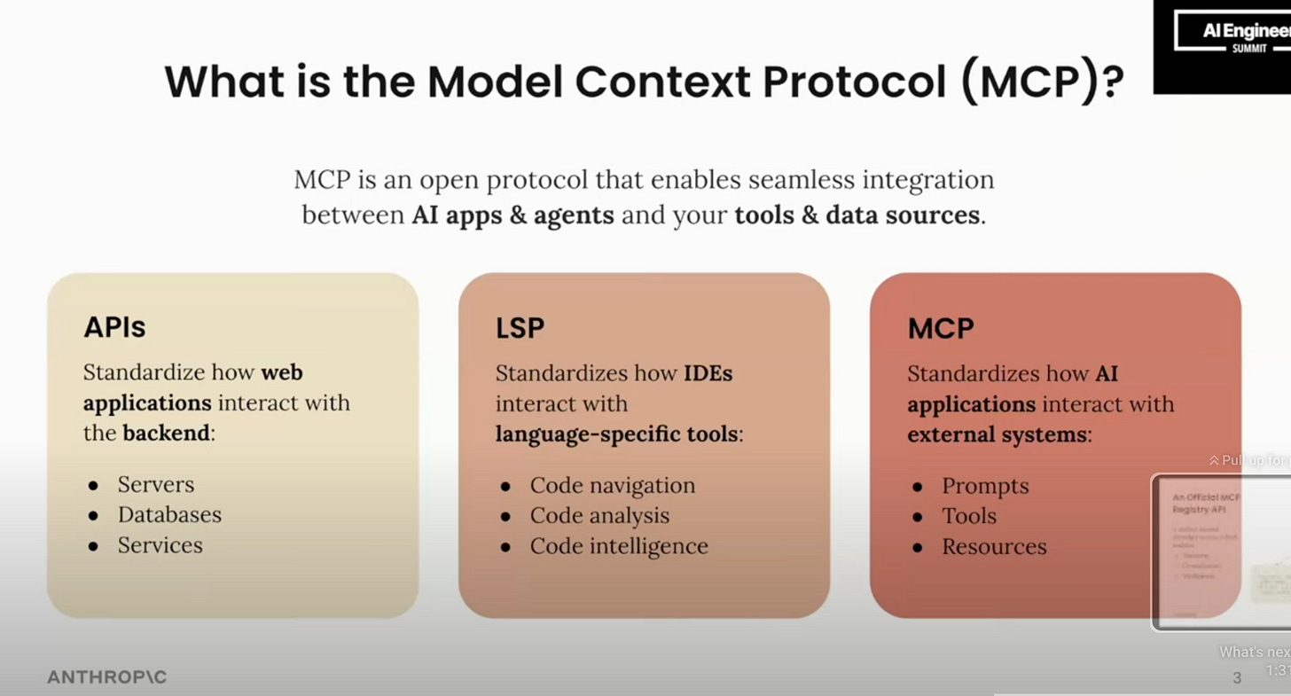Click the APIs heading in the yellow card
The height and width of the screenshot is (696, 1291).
(x=114, y=327)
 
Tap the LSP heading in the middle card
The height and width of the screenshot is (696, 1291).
(x=520, y=328)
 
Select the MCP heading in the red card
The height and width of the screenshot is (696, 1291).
(x=940, y=329)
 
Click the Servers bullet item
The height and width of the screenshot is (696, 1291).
(x=155, y=484)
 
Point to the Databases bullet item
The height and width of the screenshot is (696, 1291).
(x=169, y=514)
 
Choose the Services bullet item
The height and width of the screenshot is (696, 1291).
(x=160, y=544)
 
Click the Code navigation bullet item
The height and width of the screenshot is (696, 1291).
(x=612, y=485)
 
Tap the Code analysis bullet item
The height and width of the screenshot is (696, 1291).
(x=599, y=515)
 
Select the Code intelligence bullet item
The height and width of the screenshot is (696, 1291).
(x=619, y=545)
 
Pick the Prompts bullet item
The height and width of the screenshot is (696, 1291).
(x=985, y=486)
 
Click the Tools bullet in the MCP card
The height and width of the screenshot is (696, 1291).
(x=969, y=516)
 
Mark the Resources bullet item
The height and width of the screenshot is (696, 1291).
(x=994, y=546)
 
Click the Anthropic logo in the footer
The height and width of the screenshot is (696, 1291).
(x=106, y=677)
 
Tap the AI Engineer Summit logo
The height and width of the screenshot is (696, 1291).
(x=1231, y=35)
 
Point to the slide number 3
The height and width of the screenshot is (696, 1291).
(x=1237, y=678)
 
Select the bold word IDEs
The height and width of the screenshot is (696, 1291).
(x=708, y=373)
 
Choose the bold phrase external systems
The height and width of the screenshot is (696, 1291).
(x=997, y=434)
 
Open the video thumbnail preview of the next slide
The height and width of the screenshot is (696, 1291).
(x=1220, y=551)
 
